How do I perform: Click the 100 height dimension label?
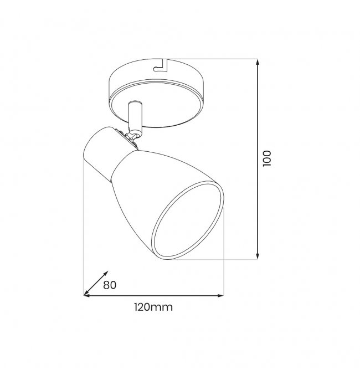267,158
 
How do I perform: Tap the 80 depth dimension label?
110,285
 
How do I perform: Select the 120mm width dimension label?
153,307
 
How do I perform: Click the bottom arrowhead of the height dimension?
258,256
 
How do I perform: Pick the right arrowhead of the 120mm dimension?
220,296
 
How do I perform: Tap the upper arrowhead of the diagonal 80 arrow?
105,274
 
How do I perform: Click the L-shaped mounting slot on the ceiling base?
161,66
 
